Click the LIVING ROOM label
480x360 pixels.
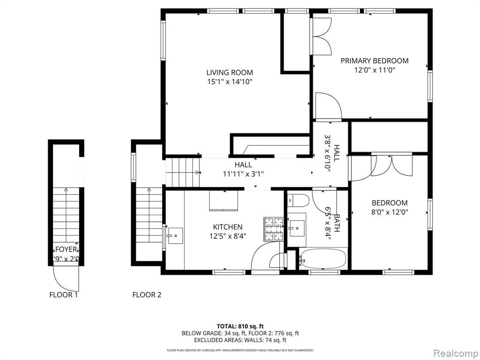click(x=230, y=73)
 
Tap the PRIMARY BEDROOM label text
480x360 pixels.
click(x=374, y=61)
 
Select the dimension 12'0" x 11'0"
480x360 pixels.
click(x=374, y=70)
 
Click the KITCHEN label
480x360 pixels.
click(x=228, y=227)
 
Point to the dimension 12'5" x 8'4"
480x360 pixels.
click(x=228, y=236)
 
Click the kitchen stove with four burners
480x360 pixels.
click(x=274, y=229)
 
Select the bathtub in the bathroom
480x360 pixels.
click(x=323, y=259)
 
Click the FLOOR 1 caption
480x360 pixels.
click(x=64, y=295)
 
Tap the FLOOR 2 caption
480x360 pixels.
click(x=147, y=295)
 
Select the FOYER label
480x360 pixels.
click(x=66, y=249)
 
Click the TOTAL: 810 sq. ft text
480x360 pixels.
click(x=240, y=326)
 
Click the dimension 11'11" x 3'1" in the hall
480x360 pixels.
click(x=243, y=174)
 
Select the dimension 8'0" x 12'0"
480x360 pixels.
click(x=390, y=212)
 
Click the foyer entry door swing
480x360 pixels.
click(x=65, y=278)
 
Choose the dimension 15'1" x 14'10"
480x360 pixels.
click(x=230, y=82)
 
